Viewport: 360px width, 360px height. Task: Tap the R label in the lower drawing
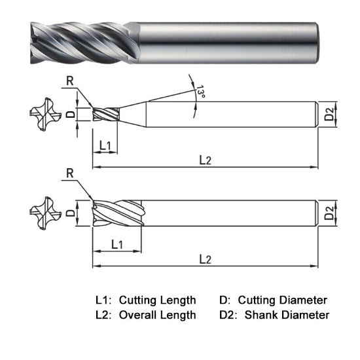tap(70, 173)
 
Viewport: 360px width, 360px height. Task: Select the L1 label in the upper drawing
tap(104, 143)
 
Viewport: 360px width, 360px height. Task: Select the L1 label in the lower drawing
tap(117, 243)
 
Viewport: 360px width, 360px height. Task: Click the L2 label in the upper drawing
tap(205, 160)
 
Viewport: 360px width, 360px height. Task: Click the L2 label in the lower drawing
tap(205, 259)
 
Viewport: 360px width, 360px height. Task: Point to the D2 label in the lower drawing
tap(331, 212)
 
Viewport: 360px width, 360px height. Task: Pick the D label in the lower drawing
tap(70, 213)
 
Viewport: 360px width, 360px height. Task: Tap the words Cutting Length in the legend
tap(157, 300)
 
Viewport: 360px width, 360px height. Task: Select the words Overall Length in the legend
tap(157, 315)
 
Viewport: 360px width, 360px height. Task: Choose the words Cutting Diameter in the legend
tap(282, 300)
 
